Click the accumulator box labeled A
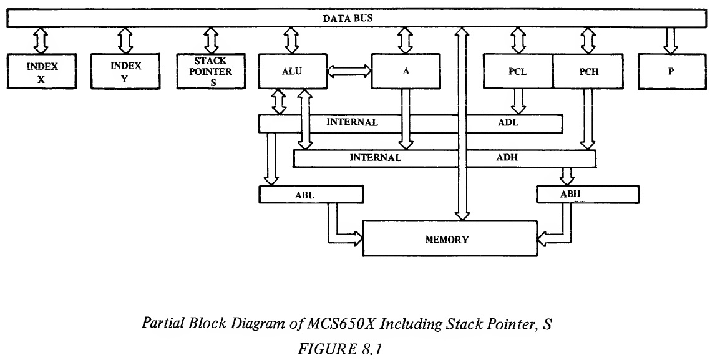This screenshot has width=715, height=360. click(406, 72)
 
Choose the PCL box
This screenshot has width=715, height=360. click(518, 72)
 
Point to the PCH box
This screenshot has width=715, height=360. click(588, 72)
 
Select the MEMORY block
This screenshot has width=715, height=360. click(447, 239)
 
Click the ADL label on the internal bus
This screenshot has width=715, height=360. click(508, 123)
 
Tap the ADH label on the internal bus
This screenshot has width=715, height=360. click(507, 158)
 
